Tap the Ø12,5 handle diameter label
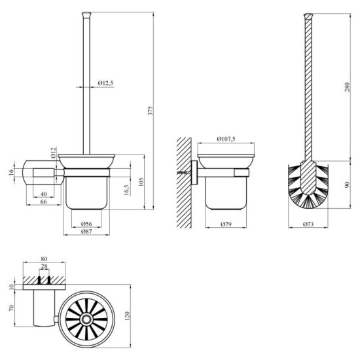[x=106, y=83]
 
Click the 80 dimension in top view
[x=44, y=259]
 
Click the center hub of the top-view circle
[x=85, y=319]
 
